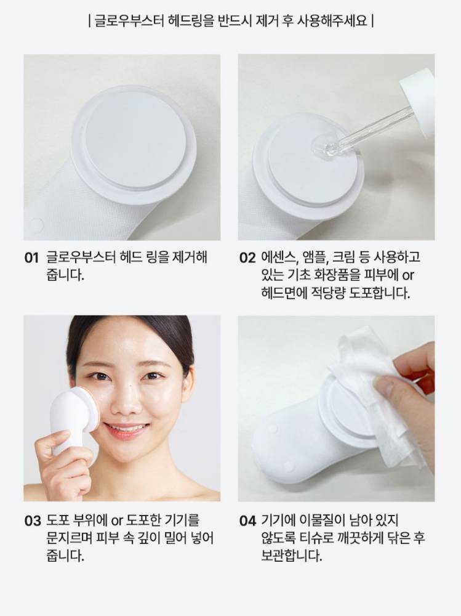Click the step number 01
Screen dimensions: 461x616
(31, 258)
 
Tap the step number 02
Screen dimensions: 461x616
(247, 258)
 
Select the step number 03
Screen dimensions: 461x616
(32, 521)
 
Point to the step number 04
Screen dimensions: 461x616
(247, 521)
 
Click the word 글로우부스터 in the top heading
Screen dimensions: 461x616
(129, 20)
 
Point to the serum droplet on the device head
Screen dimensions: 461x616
(321, 147)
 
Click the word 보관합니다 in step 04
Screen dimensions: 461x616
(291, 556)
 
